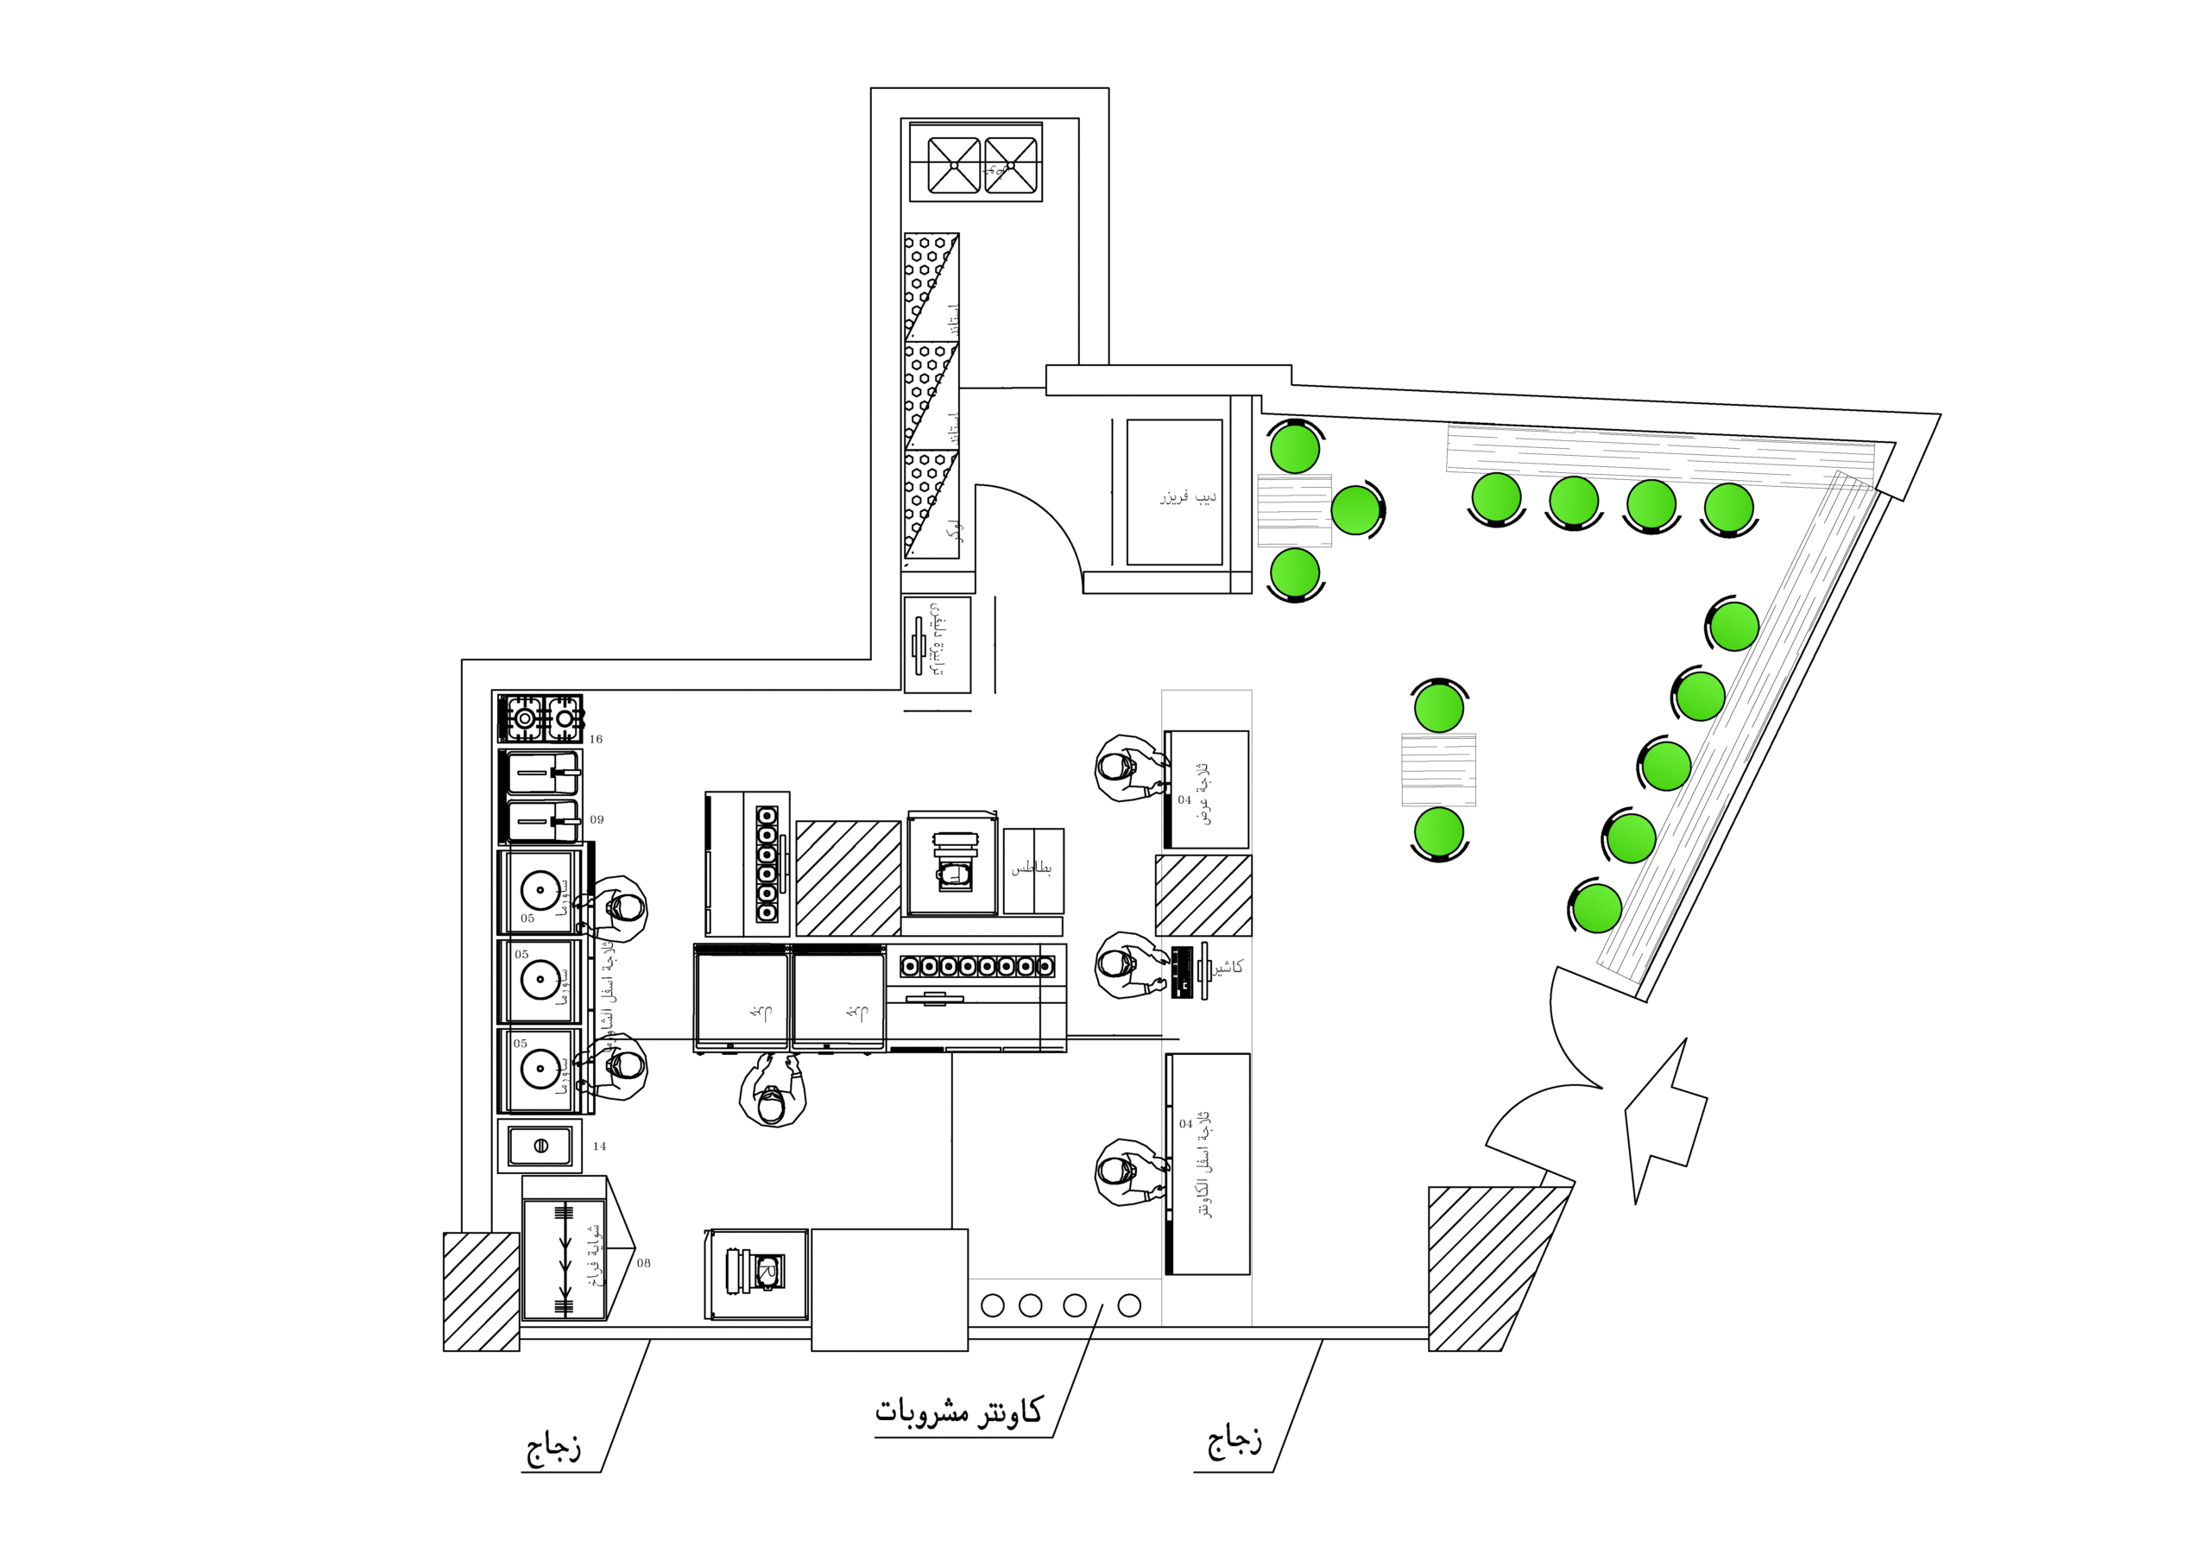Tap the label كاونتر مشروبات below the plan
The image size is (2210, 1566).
tap(958, 1411)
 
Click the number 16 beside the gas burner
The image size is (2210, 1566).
tap(596, 740)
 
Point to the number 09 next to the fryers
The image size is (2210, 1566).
tap(597, 819)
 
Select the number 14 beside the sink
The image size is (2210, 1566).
tap(600, 1146)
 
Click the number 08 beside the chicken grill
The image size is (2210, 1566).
tap(643, 1263)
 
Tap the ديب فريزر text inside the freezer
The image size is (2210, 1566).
tap(1188, 496)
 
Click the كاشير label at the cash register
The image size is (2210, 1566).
tap(1228, 966)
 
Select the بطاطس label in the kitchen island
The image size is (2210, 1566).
tap(1032, 868)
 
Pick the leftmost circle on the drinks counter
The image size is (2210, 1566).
tap(992, 1305)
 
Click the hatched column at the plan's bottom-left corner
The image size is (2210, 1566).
tap(481, 1292)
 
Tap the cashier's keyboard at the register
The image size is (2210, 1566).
tap(1182, 972)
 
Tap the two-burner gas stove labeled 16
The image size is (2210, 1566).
tap(541, 718)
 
